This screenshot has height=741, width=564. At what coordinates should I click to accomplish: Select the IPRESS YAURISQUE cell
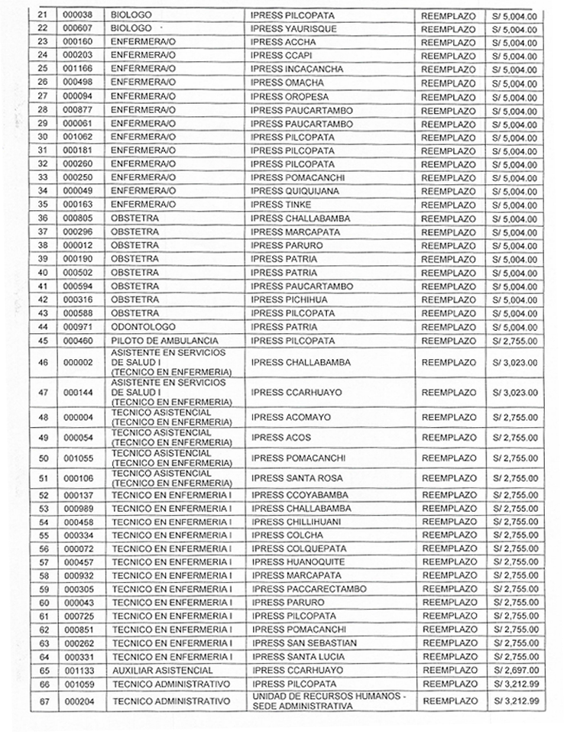[292, 28]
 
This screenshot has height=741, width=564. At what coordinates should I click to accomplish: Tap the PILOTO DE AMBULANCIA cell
[165, 341]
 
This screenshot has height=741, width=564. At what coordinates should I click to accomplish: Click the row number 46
[43, 363]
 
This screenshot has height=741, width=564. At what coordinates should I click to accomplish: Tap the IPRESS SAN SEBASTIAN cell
[305, 643]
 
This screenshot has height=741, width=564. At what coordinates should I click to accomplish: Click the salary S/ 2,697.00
[514, 670]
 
